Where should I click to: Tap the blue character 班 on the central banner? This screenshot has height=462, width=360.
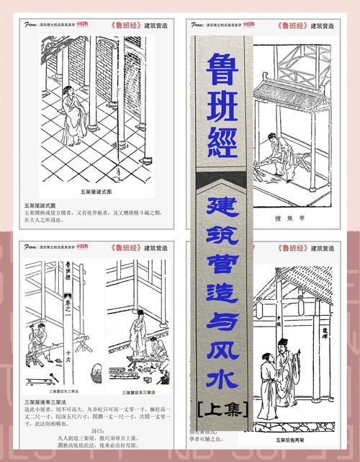click(223, 108)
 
